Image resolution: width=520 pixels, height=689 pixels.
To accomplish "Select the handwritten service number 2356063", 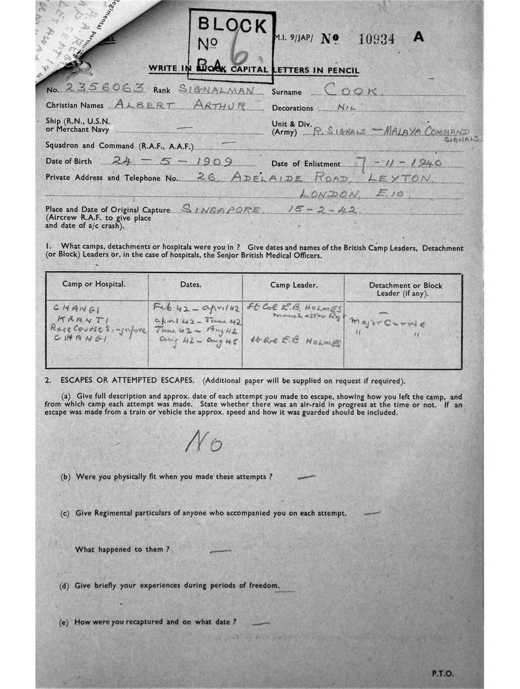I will pyautogui.click(x=105, y=88).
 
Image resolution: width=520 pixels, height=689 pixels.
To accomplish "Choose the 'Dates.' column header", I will pyautogui.click(x=195, y=285).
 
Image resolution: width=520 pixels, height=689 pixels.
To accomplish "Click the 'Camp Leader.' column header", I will pyautogui.click(x=293, y=285).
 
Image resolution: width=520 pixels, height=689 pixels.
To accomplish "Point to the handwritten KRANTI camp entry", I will pyautogui.click(x=73, y=320).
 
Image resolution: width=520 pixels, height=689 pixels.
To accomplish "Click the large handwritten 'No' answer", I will pyautogui.click(x=203, y=443).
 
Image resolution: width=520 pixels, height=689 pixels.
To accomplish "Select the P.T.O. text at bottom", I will pyautogui.click(x=442, y=674).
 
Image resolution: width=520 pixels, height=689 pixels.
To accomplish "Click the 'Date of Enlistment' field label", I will pyautogui.click(x=301, y=164).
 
